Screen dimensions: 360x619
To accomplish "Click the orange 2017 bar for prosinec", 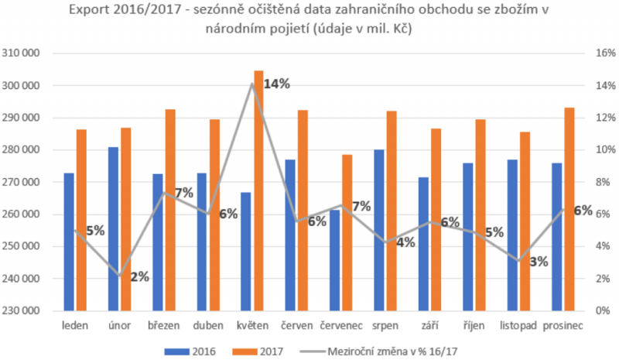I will (569, 209).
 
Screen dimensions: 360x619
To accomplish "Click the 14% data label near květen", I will (276, 84).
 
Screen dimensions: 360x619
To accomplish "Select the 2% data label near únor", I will (139, 276).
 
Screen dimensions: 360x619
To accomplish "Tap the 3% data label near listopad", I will (539, 262).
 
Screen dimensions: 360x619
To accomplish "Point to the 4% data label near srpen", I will (405, 242).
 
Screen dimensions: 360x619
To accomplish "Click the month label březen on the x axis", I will (164, 326).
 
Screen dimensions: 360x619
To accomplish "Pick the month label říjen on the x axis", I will (473, 326).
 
